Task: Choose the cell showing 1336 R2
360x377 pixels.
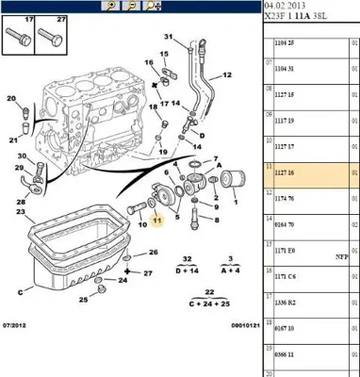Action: (285, 304)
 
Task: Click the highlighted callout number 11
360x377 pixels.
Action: (158, 221)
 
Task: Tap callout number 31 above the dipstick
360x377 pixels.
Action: (170, 37)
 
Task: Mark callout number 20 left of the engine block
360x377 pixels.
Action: (10, 99)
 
